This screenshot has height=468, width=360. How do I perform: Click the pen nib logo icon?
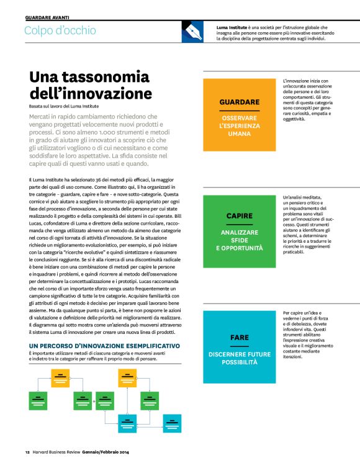[192, 32]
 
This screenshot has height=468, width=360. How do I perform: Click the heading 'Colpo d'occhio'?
[60, 30]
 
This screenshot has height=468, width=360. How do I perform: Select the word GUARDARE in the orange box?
[239, 101]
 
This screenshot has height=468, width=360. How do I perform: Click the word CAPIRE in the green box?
[239, 215]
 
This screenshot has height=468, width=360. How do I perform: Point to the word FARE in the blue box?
[239, 337]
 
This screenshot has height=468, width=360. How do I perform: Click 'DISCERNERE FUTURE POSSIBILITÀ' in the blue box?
[239, 358]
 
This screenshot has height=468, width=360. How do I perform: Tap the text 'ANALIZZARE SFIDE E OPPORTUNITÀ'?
[239, 240]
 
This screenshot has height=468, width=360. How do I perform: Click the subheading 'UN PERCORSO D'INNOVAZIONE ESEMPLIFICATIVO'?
[104, 344]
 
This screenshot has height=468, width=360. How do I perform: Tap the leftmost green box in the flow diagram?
[38, 401]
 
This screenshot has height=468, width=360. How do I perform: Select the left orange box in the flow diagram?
[60, 377]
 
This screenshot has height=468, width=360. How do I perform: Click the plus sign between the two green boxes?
[94, 401]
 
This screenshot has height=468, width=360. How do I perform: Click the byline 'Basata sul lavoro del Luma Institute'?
[64, 106]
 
